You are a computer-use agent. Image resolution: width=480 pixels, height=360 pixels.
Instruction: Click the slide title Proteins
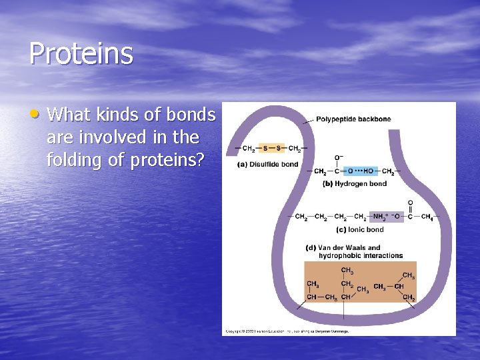[x=81, y=54]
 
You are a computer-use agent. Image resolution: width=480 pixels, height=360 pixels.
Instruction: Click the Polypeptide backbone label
[x=353, y=119]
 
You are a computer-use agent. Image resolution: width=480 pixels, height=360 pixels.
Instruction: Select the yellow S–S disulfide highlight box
[x=271, y=148]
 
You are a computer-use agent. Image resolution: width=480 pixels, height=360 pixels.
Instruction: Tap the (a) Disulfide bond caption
[x=267, y=165]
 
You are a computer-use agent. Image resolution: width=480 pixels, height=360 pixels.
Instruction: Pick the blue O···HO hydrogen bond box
[x=359, y=171]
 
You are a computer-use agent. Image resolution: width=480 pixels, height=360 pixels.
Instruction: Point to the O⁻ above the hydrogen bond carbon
[x=338, y=157]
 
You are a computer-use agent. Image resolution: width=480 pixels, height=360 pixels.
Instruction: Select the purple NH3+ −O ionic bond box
[x=387, y=217]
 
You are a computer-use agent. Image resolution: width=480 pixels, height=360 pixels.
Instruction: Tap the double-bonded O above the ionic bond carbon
[x=410, y=203]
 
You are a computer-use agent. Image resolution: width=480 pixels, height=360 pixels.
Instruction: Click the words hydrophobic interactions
[x=361, y=255]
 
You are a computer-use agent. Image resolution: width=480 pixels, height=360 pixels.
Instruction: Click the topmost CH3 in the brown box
[x=347, y=270]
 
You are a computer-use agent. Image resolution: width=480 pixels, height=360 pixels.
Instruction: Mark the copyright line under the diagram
[x=287, y=331]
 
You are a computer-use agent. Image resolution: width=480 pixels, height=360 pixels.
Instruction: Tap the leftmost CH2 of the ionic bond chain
[x=301, y=217]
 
